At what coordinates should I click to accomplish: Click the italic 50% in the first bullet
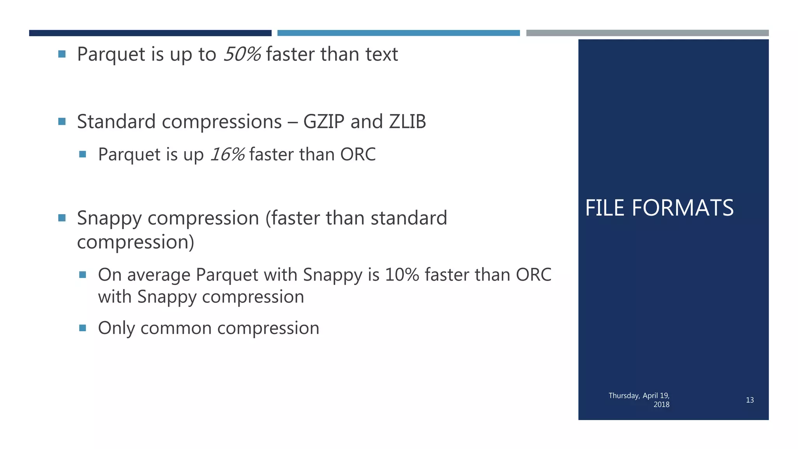(242, 54)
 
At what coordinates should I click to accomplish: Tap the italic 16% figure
(228, 154)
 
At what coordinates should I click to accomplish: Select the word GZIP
(324, 122)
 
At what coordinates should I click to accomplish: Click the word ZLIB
(407, 122)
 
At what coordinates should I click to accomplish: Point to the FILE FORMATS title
(659, 208)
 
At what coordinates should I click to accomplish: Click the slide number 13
(750, 400)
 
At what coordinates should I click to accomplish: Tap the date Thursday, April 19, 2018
(639, 400)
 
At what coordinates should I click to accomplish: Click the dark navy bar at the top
(150, 33)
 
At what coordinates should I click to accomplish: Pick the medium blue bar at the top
(398, 33)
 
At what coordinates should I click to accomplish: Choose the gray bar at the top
(647, 33)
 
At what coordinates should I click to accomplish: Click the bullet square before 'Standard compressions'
(62, 122)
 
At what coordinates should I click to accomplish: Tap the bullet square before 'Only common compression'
(83, 328)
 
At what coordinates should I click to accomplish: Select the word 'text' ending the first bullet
(381, 54)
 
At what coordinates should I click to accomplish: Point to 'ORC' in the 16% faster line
(358, 154)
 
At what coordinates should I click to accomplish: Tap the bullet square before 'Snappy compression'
(62, 218)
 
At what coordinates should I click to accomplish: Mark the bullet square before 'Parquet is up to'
(62, 54)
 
